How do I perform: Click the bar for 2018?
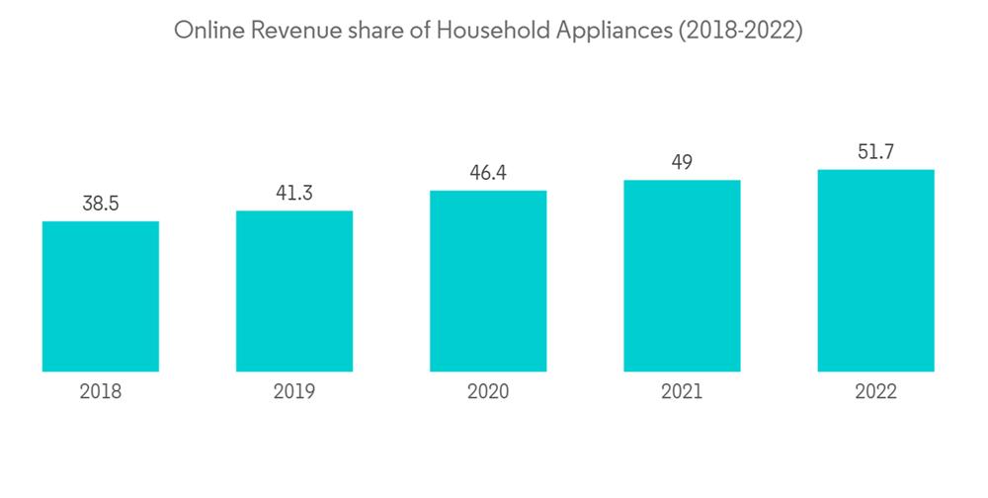101,296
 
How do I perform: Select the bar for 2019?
294,291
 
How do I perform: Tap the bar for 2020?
488,281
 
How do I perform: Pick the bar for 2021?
682,276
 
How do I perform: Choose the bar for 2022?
876,271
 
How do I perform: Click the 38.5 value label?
101,205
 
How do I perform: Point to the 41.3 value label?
294,194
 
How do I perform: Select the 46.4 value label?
488,174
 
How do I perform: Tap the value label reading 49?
682,163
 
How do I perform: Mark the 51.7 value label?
876,153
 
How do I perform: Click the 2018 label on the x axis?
101,392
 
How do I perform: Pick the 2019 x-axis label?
294,392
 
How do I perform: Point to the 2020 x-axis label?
488,392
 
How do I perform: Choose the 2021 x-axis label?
682,392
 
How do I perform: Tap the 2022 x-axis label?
876,392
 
